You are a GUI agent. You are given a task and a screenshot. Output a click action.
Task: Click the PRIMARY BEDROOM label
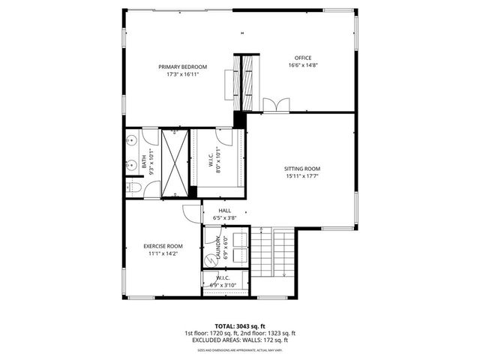point(182,67)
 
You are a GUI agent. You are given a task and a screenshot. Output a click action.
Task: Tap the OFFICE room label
point(302,58)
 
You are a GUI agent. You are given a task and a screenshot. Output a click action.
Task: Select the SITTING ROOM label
point(301,169)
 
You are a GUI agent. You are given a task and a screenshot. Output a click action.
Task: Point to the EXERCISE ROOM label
point(163,246)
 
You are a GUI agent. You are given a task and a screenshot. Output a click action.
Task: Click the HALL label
point(225,211)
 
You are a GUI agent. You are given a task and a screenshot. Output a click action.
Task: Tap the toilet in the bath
point(133,187)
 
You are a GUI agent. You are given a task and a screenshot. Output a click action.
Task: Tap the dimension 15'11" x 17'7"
point(301,177)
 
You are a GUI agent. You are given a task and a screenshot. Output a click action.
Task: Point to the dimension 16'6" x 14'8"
point(302,66)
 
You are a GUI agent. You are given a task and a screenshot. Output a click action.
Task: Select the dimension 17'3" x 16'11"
point(182,75)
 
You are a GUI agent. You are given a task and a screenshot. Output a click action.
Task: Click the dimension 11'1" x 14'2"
point(163,254)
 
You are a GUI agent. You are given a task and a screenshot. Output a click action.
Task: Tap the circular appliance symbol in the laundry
point(210,257)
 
